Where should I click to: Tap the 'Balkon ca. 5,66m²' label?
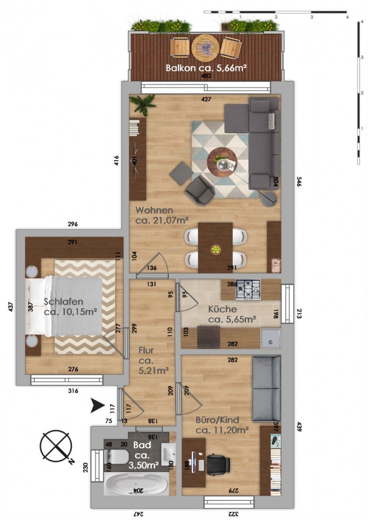click(x=206, y=68)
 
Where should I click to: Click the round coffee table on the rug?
click(x=222, y=161)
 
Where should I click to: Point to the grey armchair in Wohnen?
click(x=200, y=189)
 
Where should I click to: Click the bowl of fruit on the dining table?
click(x=216, y=250)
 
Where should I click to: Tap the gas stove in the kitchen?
click(x=248, y=289)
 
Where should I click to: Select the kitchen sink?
click(x=270, y=338)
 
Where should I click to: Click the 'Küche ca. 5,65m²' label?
click(x=232, y=314)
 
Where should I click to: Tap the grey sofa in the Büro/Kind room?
click(x=266, y=388)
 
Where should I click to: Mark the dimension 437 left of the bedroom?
click(x=11, y=307)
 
